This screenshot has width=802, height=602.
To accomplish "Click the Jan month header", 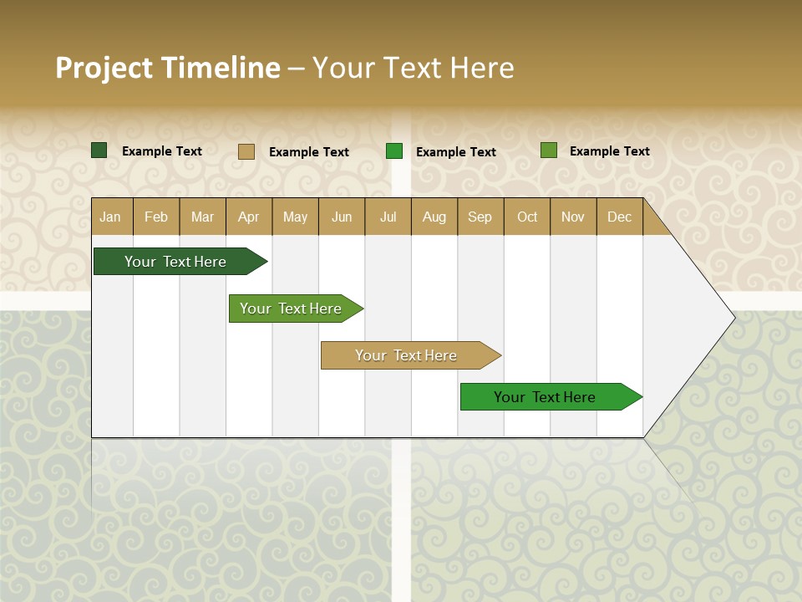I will pos(110,217).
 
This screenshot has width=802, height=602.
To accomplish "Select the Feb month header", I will pos(156,217).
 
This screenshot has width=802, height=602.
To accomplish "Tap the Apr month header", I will pos(249,217).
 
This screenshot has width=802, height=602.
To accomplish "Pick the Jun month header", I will pos(342,217).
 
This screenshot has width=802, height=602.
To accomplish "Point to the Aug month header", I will pos(434,217).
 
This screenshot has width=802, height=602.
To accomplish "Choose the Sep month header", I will pos(480,217).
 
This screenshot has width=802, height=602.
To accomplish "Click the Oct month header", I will pos(527,217).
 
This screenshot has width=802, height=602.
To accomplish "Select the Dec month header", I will pos(620,217).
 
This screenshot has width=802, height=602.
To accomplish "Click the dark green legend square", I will pos(99,150).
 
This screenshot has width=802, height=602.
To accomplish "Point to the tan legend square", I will pos(246,151).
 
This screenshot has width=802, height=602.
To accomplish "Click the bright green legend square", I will pos(394,151).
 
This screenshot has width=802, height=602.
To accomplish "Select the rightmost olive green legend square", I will pos(549,150).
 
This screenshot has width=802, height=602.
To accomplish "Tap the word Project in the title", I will pos(104,68).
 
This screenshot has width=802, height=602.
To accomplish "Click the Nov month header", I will pos(573,217).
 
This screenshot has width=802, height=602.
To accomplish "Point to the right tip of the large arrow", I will pos(733,318).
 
